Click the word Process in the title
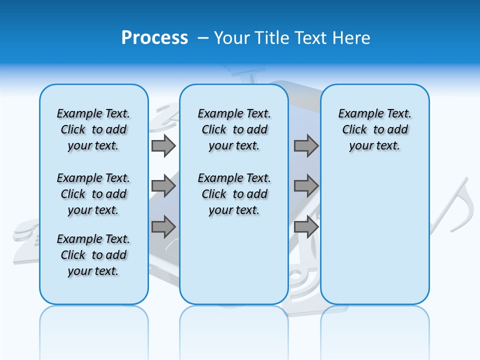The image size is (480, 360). click(154, 38)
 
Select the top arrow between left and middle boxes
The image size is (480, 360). click(163, 145)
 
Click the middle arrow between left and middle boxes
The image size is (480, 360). click(163, 186)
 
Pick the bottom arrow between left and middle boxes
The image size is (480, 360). click(163, 226)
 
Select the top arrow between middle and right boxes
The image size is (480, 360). click(306, 145)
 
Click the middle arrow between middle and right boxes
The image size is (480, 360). click(306, 186)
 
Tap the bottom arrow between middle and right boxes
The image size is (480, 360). click(306, 226)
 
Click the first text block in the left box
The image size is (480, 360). click(93, 129)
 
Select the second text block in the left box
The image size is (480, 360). click(93, 194)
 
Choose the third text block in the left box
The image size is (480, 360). click(93, 255)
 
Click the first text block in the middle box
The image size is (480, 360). click(234, 129)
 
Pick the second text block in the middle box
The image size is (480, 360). click(234, 194)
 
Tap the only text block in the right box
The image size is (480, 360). click(374, 129)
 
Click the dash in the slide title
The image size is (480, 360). click(203, 38)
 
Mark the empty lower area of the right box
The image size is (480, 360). click(374, 235)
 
